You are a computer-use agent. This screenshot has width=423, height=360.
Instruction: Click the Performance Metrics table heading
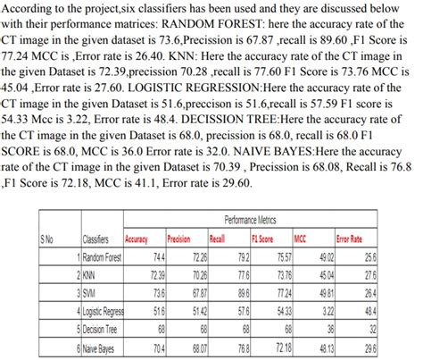(249, 220)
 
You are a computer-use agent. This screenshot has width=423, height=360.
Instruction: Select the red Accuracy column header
(137, 239)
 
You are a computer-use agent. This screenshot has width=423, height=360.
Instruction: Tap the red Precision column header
(179, 239)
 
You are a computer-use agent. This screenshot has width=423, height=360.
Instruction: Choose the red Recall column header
(218, 239)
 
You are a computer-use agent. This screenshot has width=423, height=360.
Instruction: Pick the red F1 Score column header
(262, 239)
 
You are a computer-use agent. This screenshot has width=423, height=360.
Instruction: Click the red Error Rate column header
(350, 239)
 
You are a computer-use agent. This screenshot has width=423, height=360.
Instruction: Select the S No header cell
(47, 239)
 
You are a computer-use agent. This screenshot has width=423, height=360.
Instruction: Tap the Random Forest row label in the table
(101, 256)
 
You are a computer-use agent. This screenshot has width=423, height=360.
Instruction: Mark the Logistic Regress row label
(104, 310)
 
